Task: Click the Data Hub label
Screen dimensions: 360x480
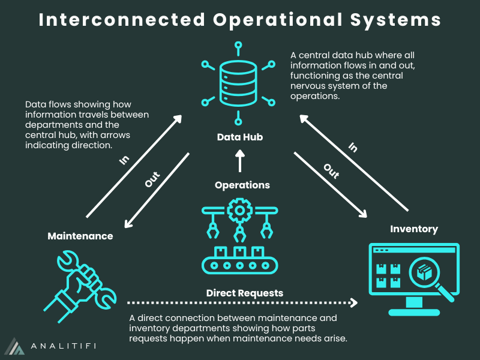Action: click(240, 137)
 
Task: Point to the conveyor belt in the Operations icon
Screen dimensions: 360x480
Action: click(239, 265)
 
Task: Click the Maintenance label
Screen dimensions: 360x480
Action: click(80, 236)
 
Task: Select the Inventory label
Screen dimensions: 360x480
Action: click(414, 229)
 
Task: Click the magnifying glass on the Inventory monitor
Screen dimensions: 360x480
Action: click(428, 275)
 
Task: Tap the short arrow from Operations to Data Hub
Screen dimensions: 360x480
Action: click(240, 160)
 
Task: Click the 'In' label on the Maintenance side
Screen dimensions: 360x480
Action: click(124, 161)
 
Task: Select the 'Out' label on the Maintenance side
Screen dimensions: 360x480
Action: click(152, 180)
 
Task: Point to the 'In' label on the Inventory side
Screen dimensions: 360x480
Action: click(353, 147)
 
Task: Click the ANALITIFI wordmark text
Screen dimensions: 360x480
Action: click(62, 346)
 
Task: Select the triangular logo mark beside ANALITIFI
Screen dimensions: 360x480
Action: click(16, 346)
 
